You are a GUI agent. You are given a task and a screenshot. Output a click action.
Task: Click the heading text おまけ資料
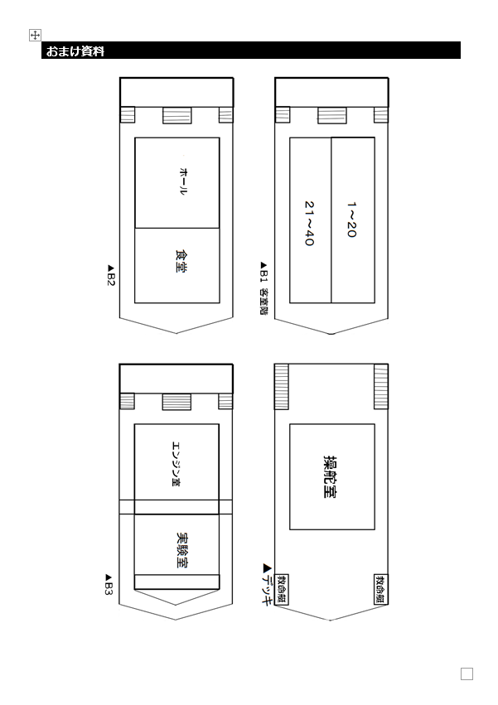[x=75, y=51]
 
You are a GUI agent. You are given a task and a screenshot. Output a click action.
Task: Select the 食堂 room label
[x=181, y=261]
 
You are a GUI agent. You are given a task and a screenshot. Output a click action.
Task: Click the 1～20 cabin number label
[x=352, y=220]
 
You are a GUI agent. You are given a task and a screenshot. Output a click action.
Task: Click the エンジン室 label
[x=176, y=464]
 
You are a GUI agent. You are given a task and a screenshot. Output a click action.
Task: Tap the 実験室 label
[x=182, y=550]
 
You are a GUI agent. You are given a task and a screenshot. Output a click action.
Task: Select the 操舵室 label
[x=330, y=476]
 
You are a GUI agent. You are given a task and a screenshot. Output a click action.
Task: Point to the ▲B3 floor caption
[x=109, y=584]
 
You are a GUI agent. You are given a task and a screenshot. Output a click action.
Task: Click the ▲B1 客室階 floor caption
[x=264, y=288]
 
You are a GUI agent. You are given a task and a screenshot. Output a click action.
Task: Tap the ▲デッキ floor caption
[x=267, y=584]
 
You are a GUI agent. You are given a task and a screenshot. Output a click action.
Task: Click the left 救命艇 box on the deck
[x=282, y=590]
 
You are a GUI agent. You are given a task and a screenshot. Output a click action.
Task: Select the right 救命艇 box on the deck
[x=380, y=589]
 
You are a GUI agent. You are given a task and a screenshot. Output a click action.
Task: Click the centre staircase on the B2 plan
[x=176, y=115]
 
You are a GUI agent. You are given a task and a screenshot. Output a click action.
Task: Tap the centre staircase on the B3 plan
[x=176, y=402]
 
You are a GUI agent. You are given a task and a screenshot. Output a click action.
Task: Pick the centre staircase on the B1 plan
[x=332, y=115]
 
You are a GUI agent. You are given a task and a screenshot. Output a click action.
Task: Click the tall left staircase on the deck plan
[x=282, y=387]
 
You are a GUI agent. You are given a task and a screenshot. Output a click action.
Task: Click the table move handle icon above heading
[x=35, y=35]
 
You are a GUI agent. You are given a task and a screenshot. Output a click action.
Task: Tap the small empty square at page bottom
[x=467, y=674]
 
